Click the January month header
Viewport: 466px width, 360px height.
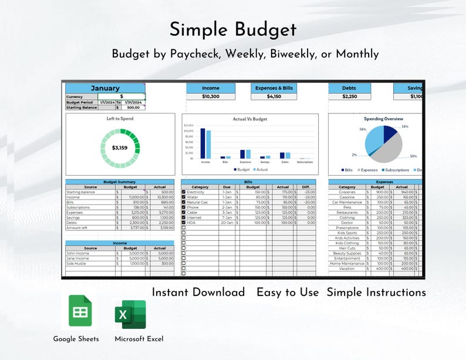(105, 88)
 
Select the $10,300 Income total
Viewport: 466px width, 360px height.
(211, 96)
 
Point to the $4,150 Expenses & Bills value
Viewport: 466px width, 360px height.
(274, 96)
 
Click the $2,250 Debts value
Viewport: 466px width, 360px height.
(349, 96)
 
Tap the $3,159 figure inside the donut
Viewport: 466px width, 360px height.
(119, 147)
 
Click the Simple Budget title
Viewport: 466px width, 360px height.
(233, 30)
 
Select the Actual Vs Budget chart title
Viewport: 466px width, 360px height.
(250, 119)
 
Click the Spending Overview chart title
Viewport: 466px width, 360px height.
(383, 119)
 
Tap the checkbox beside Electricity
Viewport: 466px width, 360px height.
(184, 192)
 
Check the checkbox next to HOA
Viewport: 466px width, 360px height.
(184, 223)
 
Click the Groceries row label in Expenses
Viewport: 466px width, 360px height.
(347, 192)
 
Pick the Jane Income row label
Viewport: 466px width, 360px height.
(78, 258)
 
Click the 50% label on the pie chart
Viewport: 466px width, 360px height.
(413, 156)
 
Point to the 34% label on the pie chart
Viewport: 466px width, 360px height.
(363, 129)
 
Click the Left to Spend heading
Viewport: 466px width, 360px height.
(120, 119)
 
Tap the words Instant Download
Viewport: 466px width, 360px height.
(198, 292)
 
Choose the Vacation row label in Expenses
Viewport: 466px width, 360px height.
(347, 268)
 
